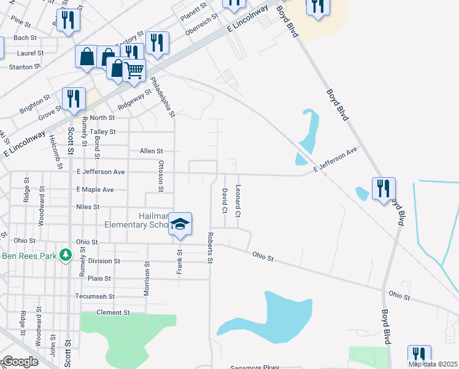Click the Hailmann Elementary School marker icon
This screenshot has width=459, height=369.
pyautogui.click(x=180, y=224)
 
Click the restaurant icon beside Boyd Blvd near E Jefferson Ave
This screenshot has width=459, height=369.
pyautogui.click(x=384, y=188)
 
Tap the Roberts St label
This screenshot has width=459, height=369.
pyautogui.click(x=210, y=248)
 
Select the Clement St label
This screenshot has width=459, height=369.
pyautogui.click(x=114, y=312)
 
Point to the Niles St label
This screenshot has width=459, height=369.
pyautogui.click(x=88, y=207)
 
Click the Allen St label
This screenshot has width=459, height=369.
pyautogui.click(x=151, y=151)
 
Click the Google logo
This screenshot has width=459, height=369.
pyautogui.click(x=20, y=362)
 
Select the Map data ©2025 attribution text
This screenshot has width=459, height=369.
pyautogui.click(x=433, y=364)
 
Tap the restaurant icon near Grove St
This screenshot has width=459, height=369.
pyautogui.click(x=74, y=99)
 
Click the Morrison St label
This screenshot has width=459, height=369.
pyautogui.click(x=147, y=279)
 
